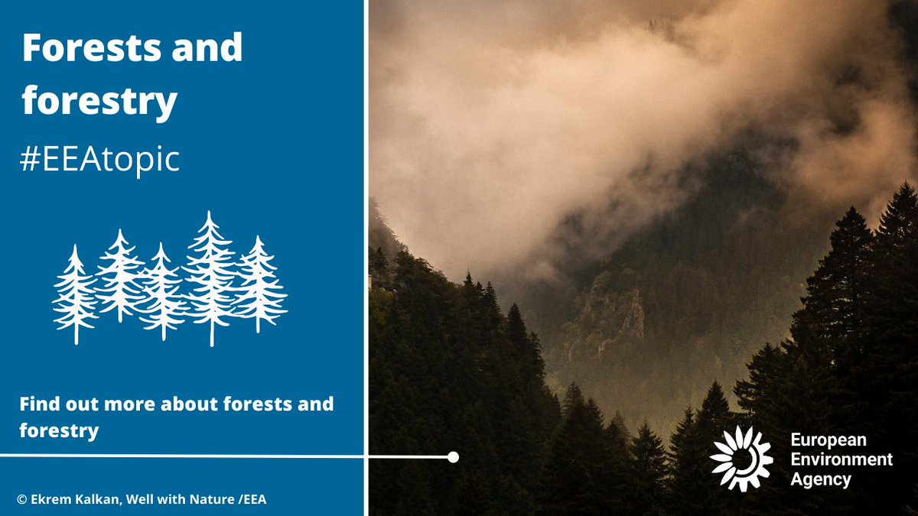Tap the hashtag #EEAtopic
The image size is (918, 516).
[100, 160]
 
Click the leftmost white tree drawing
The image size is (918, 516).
[74, 294]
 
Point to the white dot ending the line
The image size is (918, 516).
[453, 457]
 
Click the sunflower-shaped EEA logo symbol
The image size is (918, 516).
[741, 459]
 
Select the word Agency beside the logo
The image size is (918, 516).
[822, 480]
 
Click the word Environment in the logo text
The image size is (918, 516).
[841, 459]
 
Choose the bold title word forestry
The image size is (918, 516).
[99, 102]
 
